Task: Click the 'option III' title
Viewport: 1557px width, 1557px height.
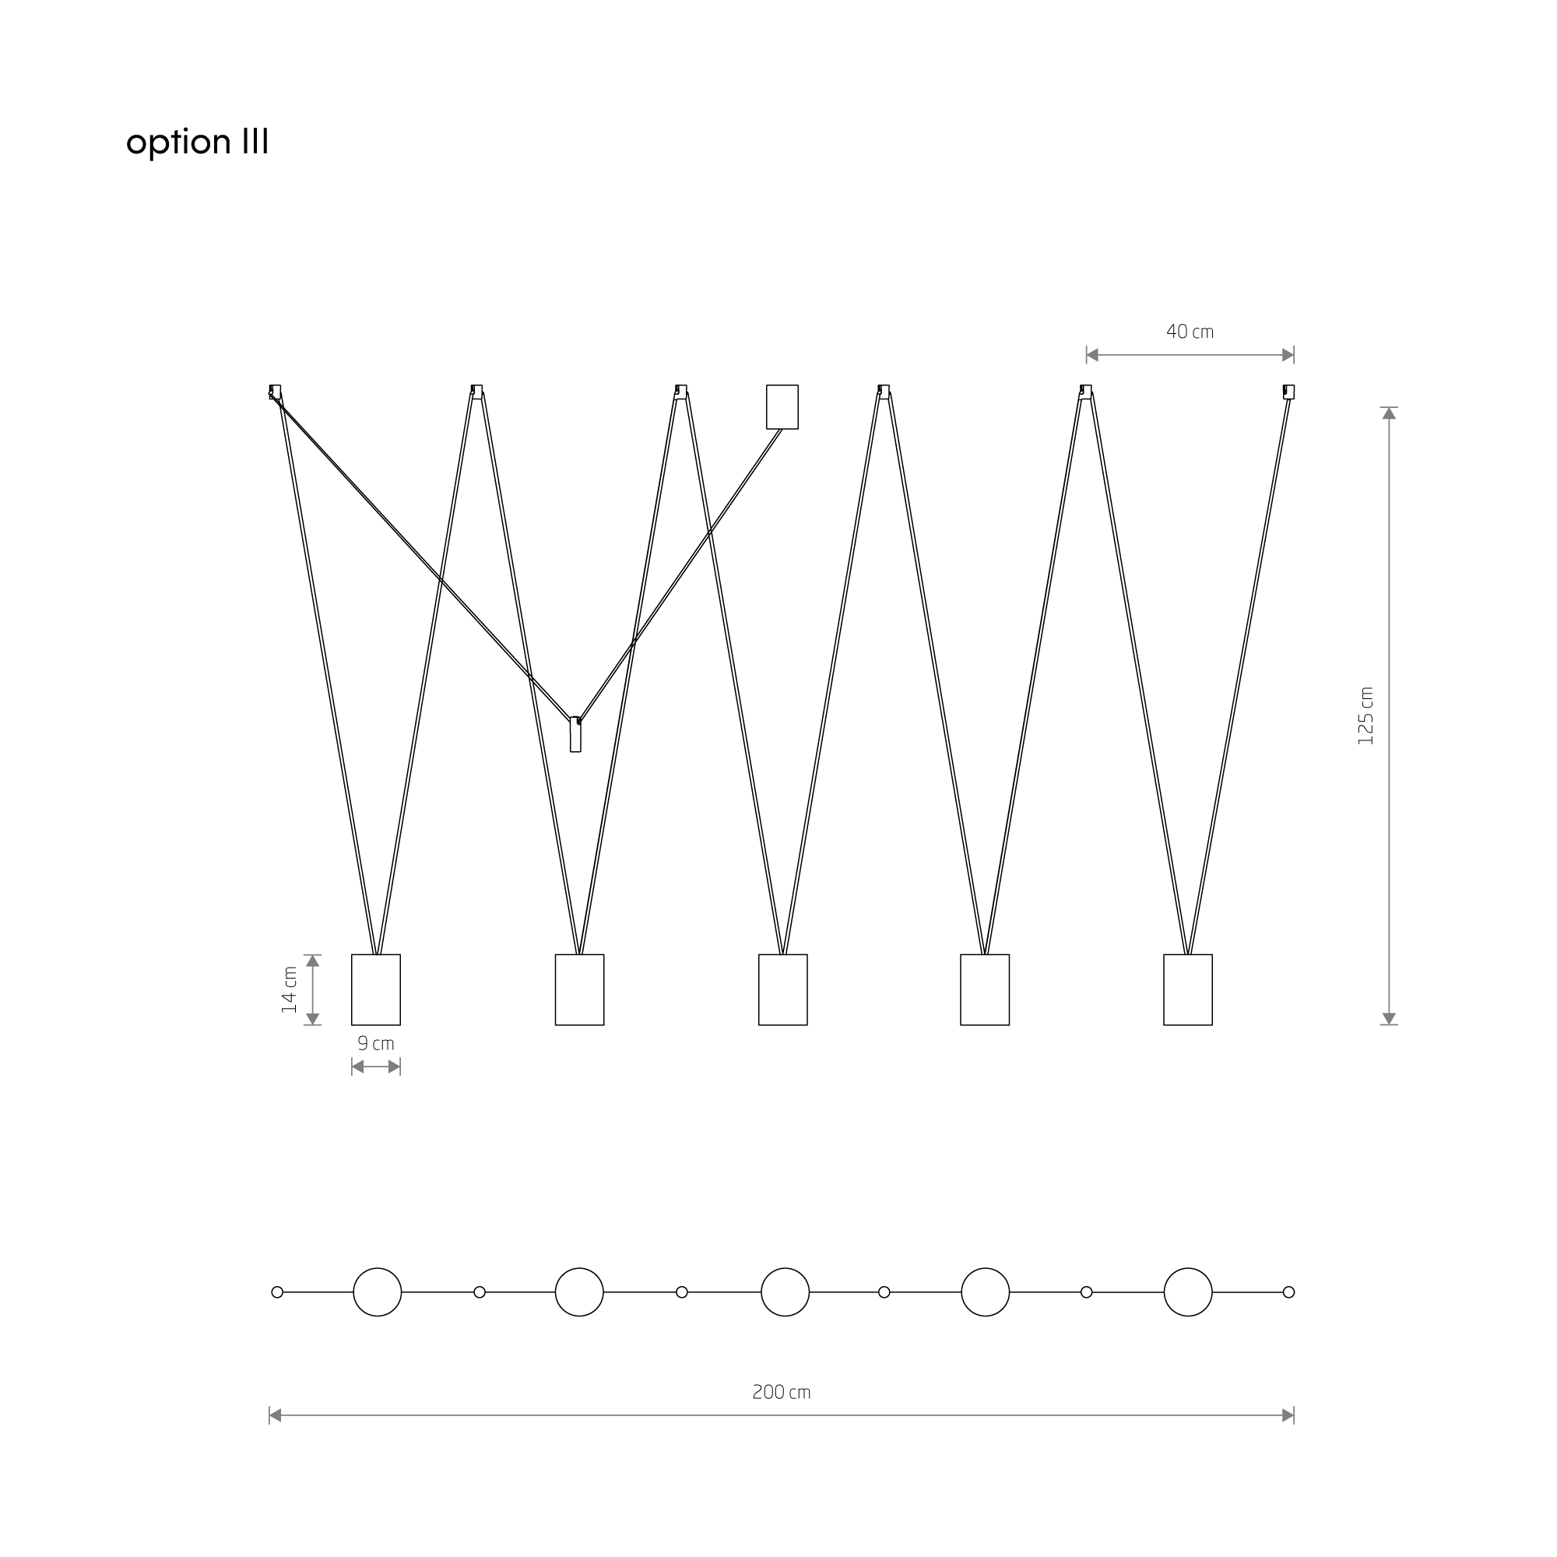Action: (198, 142)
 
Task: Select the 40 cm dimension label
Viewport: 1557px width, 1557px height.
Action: (1190, 331)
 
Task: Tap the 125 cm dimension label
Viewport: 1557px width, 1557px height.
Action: (1365, 715)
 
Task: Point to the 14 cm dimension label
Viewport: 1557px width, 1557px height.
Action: (290, 989)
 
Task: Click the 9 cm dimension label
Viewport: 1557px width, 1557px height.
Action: (375, 1044)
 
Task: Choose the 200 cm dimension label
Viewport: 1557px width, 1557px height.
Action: (781, 1392)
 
